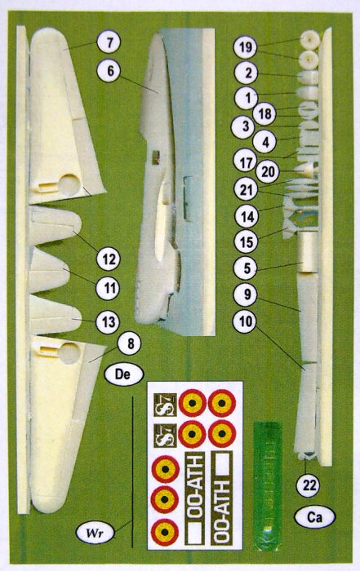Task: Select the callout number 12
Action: pyautogui.click(x=107, y=260)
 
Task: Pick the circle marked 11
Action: pyautogui.click(x=107, y=289)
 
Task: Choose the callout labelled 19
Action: pyautogui.click(x=242, y=48)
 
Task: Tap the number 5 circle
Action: pyautogui.click(x=242, y=267)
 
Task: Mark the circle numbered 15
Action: pyautogui.click(x=242, y=242)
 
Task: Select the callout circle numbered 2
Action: pyautogui.click(x=242, y=72)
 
